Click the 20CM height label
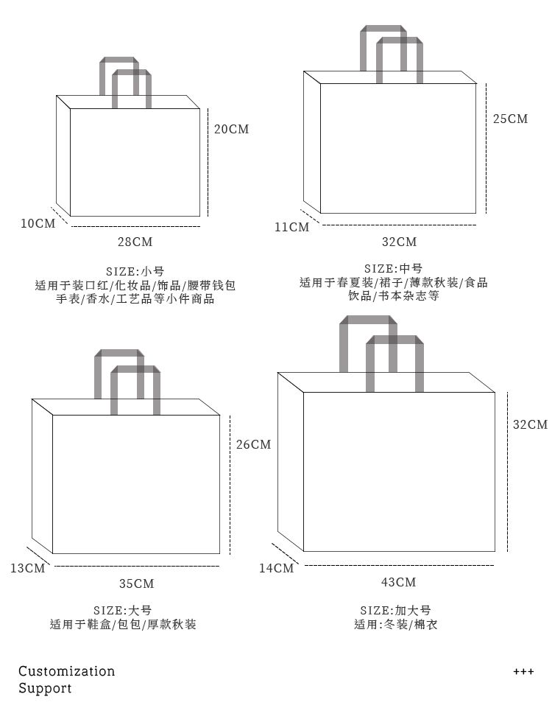pyautogui.click(x=231, y=130)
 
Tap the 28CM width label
pyautogui.click(x=135, y=242)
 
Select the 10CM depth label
pyautogui.click(x=38, y=223)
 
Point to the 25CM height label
pyautogui.click(x=510, y=119)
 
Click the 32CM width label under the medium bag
pyautogui.click(x=400, y=242)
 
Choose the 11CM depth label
pyautogui.click(x=291, y=227)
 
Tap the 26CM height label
pyautogui.click(x=253, y=445)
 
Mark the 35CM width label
pyautogui.click(x=137, y=583)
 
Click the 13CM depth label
pyautogui.click(x=27, y=568)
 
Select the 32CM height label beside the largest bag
pyautogui.click(x=530, y=424)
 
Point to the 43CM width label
pyautogui.click(x=399, y=583)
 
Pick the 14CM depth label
pyautogui.click(x=276, y=568)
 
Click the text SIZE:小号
pyautogui.click(x=135, y=271)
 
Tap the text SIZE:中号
pyautogui.click(x=394, y=268)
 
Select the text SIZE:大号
pyautogui.click(x=123, y=610)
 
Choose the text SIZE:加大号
pyautogui.click(x=395, y=610)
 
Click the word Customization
pyautogui.click(x=67, y=671)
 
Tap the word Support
pyautogui.click(x=45, y=689)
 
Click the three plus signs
pyautogui.click(x=523, y=672)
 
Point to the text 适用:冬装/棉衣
pyautogui.click(x=395, y=625)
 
